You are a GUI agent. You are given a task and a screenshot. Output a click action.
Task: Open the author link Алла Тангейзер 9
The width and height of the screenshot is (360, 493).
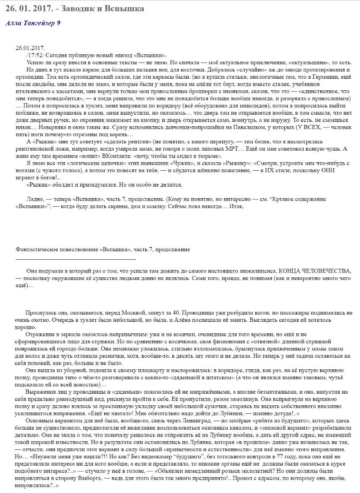[32, 23]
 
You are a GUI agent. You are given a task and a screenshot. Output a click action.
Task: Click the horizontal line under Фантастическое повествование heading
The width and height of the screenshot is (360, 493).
[76, 259]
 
